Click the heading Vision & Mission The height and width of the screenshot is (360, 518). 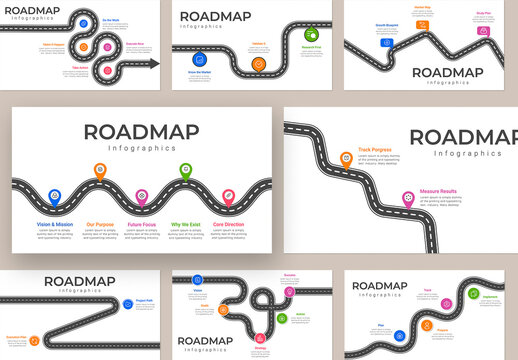[x=55, y=225]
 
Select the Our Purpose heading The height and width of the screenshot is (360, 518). [x=99, y=225]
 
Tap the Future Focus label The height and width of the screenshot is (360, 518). [x=142, y=225]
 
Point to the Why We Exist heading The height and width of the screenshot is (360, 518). [x=186, y=225]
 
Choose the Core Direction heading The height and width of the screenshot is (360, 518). [x=228, y=225]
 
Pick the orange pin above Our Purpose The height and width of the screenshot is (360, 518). [x=98, y=171]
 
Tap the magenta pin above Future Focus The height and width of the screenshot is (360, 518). [x=142, y=195]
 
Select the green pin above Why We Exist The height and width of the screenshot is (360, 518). [x=185, y=171]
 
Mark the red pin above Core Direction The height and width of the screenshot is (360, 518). [x=229, y=195]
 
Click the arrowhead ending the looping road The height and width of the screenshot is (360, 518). [x=155, y=63]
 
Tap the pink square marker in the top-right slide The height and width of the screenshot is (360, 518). [x=484, y=31]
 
